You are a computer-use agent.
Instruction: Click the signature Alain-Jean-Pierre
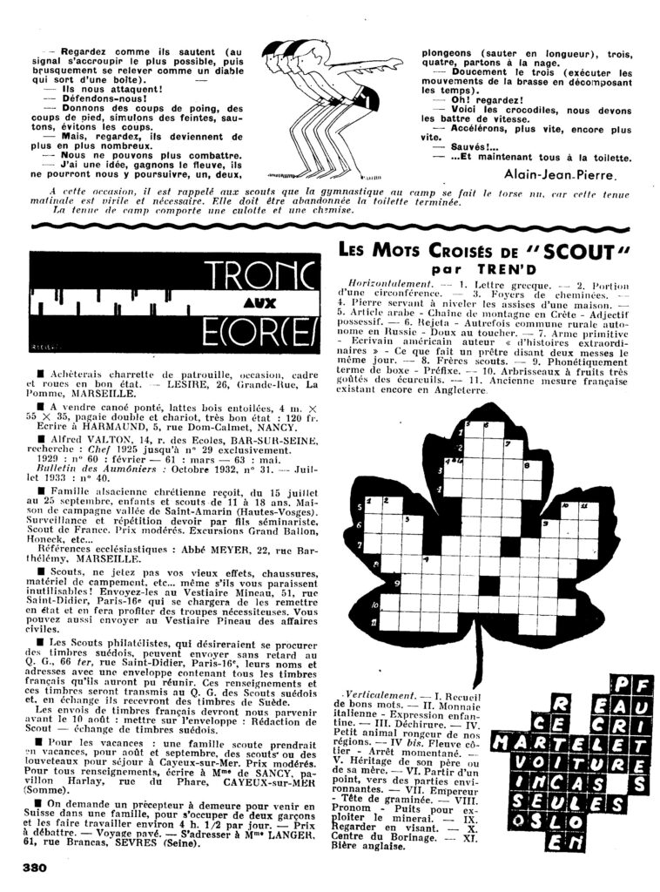[x=566, y=172]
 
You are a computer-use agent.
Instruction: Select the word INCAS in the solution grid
[x=567, y=782]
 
